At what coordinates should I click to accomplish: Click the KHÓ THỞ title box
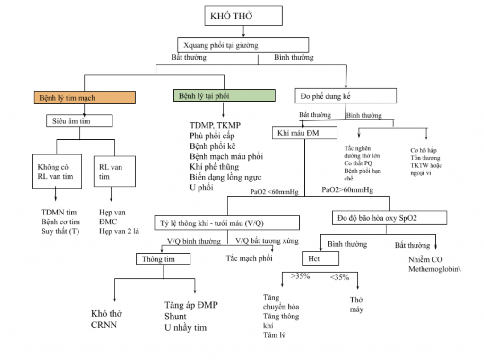pyautogui.click(x=243, y=16)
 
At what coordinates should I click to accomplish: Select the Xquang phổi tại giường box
pyautogui.click(x=243, y=45)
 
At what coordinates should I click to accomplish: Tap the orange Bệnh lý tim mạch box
pyautogui.click(x=85, y=98)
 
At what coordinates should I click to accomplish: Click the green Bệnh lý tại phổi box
pyautogui.click(x=224, y=95)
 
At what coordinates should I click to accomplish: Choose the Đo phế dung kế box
pyautogui.click(x=346, y=96)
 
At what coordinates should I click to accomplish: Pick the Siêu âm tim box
pyautogui.click(x=79, y=121)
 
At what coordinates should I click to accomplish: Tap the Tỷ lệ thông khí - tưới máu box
pyautogui.click(x=227, y=223)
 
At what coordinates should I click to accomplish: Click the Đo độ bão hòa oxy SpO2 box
pyautogui.click(x=389, y=218)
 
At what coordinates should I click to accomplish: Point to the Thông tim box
pyautogui.click(x=163, y=259)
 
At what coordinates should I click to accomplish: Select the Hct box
pyautogui.click(x=320, y=258)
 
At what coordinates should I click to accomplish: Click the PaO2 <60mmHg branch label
pyautogui.click(x=274, y=192)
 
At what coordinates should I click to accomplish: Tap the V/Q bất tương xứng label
pyautogui.click(x=267, y=241)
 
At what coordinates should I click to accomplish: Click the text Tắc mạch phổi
pyautogui.click(x=249, y=258)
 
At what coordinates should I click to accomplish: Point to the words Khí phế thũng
pyautogui.click(x=214, y=166)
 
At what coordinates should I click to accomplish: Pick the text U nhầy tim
pyautogui.click(x=185, y=327)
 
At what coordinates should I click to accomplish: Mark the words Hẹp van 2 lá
pyautogui.click(x=119, y=231)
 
